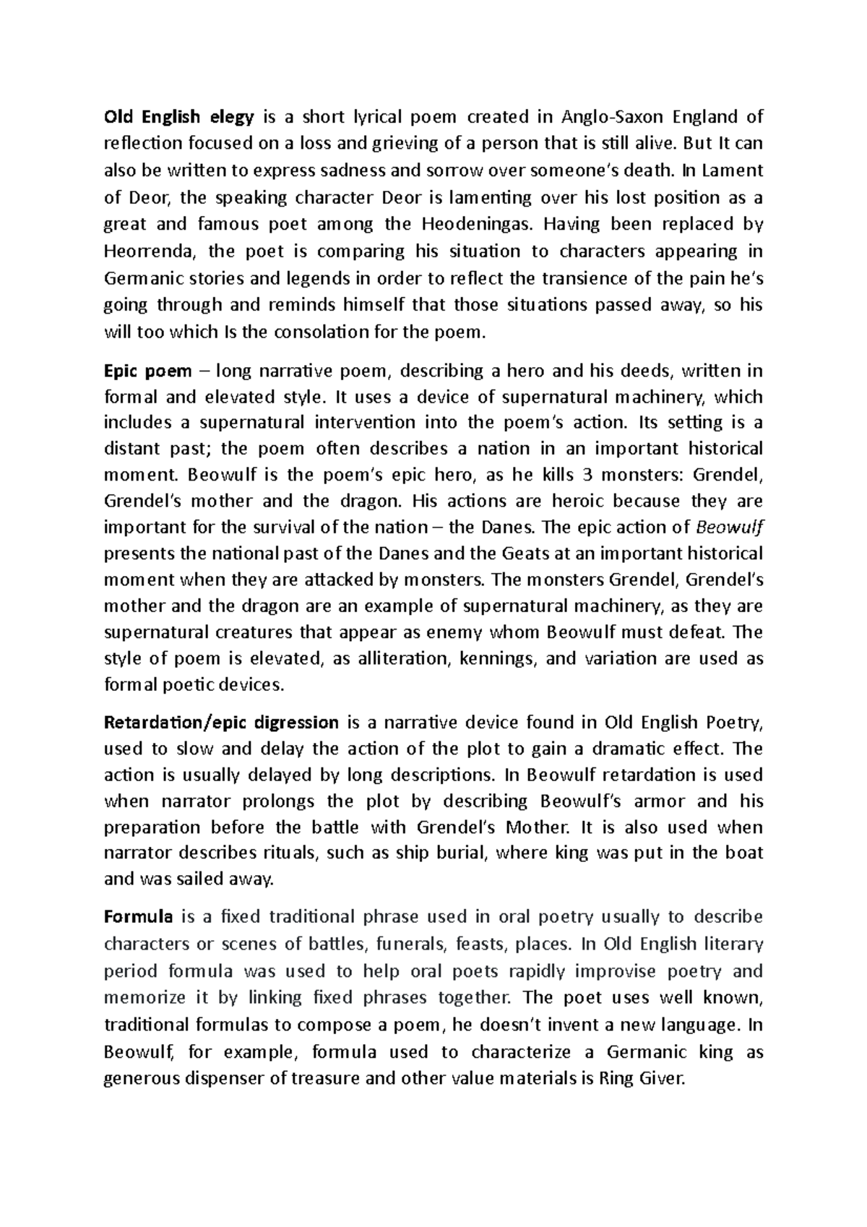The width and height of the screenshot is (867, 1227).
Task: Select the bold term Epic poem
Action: pyautogui.click(x=148, y=371)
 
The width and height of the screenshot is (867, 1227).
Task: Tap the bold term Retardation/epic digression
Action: pyautogui.click(x=222, y=723)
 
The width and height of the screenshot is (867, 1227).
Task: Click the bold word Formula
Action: pyautogui.click(x=139, y=918)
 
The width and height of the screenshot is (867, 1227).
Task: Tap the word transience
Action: pyautogui.click(x=568, y=278)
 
